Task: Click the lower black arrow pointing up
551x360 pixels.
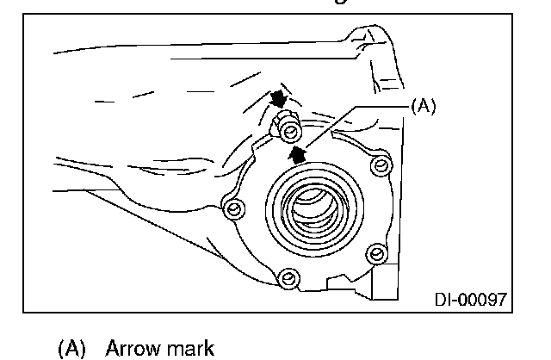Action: (x=298, y=153)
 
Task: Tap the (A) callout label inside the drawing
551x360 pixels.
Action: (x=424, y=105)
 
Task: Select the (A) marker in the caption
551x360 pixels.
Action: (x=73, y=349)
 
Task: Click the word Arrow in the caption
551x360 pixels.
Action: (x=130, y=349)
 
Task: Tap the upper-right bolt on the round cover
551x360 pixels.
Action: (x=380, y=164)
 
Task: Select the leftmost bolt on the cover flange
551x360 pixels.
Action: (x=231, y=207)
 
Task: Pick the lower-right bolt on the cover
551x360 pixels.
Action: (x=375, y=252)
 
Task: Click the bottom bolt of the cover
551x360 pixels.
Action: (x=288, y=277)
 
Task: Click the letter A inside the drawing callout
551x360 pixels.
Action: (x=424, y=105)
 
